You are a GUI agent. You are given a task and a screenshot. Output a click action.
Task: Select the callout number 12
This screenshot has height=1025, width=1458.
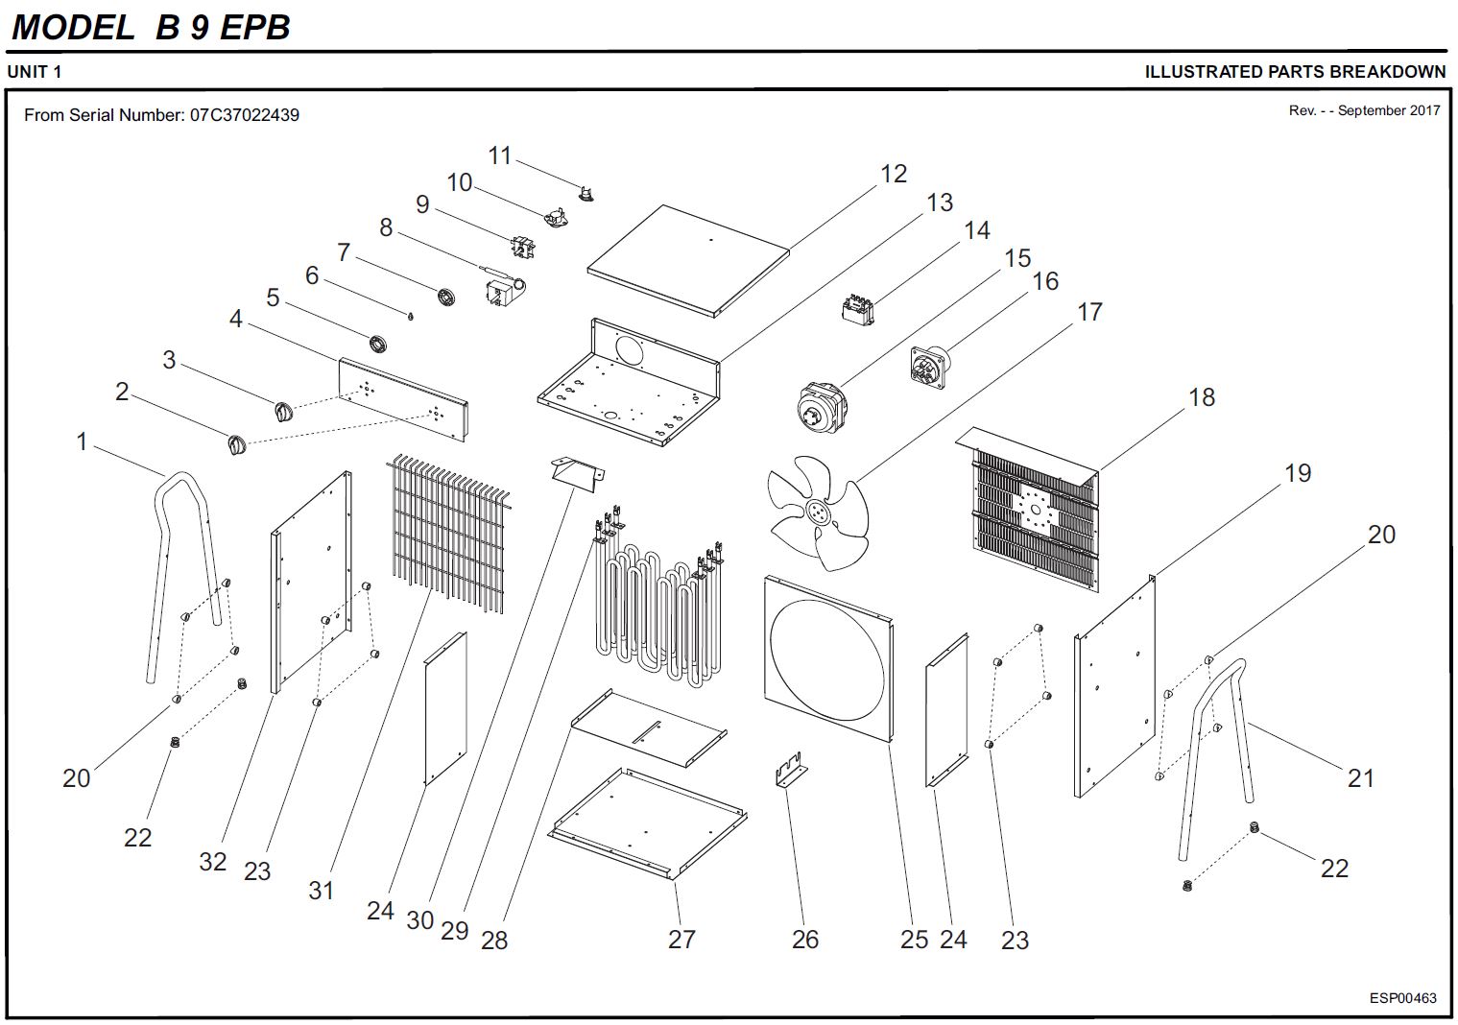pos(893,174)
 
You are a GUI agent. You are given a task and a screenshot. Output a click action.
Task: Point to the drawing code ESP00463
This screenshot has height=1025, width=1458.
pos(1402,998)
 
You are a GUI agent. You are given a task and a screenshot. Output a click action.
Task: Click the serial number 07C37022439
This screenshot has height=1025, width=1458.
pos(244,115)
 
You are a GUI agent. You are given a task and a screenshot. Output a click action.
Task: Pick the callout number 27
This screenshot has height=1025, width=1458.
pos(681,939)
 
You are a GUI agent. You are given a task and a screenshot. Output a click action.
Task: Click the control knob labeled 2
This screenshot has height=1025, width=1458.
pos(234,445)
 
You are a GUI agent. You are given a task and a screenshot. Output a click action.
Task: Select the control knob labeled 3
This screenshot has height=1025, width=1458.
pos(282,412)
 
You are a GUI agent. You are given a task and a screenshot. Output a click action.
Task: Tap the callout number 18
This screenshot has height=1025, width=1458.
pos(1201,397)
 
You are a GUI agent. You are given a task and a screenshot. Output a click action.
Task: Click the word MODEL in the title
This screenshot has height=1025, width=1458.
pos(73,28)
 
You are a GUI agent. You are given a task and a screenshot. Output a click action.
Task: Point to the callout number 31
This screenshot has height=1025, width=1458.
pos(321,890)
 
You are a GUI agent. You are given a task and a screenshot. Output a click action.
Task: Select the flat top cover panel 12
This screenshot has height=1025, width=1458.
pos(687,259)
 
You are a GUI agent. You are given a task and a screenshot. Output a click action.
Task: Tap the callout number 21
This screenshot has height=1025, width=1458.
pos(1360,777)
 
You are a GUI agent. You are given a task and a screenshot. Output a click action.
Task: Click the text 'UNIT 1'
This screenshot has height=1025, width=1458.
pos(35,72)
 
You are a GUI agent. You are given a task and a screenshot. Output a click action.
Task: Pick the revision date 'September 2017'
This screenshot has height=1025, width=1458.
pos(1389,110)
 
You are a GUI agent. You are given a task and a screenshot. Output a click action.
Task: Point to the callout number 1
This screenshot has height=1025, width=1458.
pos(82,441)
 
